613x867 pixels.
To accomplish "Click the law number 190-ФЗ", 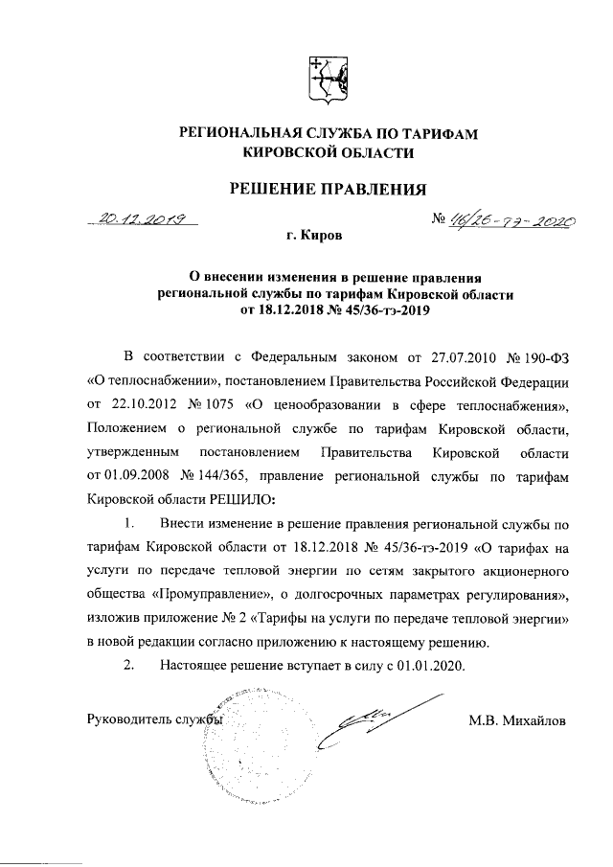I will point(544,358).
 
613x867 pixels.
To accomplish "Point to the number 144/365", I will point(206,476).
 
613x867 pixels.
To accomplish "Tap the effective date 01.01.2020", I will point(429,666).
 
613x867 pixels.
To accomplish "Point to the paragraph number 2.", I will point(128,666).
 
